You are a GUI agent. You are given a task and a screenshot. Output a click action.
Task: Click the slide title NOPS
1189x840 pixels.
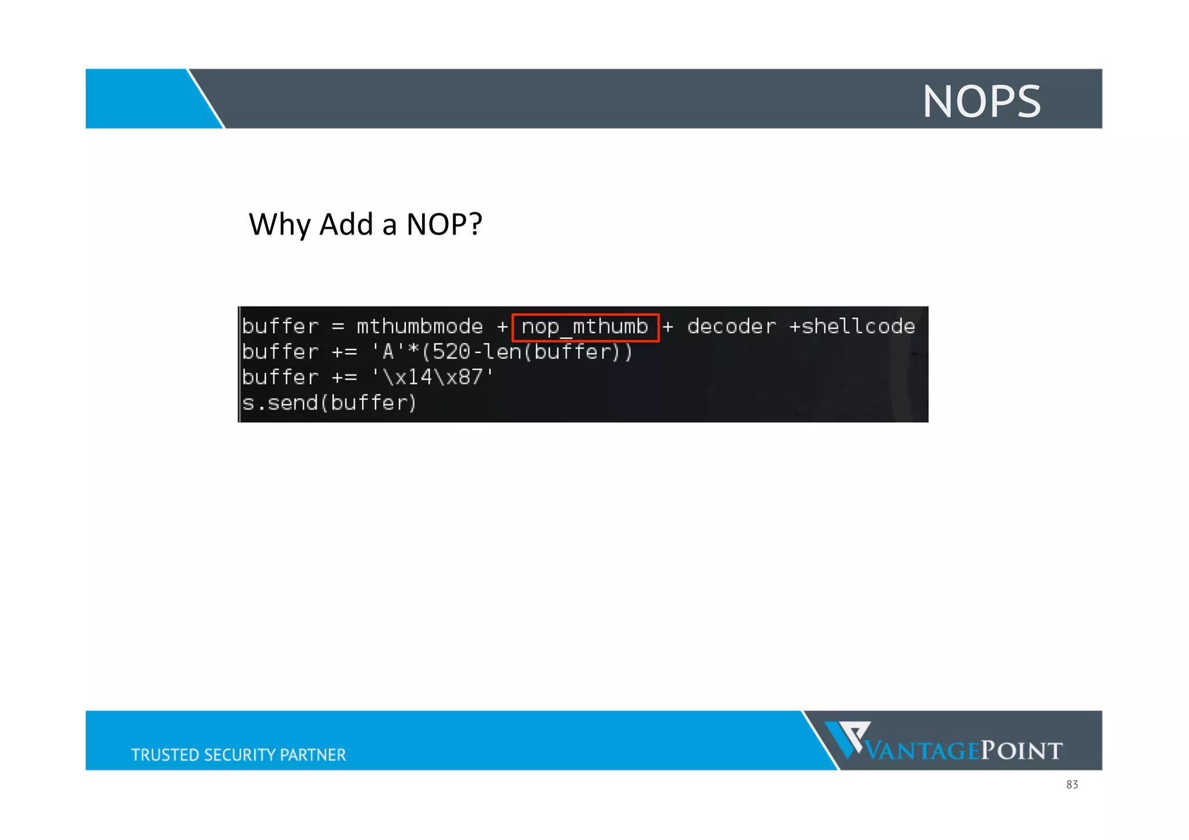coord(981,102)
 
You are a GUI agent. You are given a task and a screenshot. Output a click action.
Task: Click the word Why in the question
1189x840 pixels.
coord(279,225)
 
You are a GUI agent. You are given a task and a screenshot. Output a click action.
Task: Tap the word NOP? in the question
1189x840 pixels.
coord(444,225)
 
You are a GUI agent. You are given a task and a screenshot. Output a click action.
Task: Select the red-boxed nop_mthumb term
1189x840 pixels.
coord(585,327)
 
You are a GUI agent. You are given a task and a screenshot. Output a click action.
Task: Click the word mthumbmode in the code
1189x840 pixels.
coord(419,327)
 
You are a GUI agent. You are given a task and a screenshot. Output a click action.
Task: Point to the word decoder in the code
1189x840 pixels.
coord(731,327)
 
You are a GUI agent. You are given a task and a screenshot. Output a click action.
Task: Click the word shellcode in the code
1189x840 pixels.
coord(858,327)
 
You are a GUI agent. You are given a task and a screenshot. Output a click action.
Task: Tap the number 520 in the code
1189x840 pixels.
coord(451,352)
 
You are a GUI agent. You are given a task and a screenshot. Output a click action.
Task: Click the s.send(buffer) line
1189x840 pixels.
coord(329,403)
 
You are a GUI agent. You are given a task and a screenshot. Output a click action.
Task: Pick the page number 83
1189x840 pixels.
coord(1072,785)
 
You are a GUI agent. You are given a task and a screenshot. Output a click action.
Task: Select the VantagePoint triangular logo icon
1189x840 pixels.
coord(847,738)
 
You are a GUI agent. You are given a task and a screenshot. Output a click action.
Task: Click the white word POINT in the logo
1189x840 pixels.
coord(1022,751)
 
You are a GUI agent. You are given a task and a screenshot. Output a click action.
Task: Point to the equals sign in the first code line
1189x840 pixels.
coord(338,327)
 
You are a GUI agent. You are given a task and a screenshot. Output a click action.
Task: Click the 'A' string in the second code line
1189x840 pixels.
coord(387,352)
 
